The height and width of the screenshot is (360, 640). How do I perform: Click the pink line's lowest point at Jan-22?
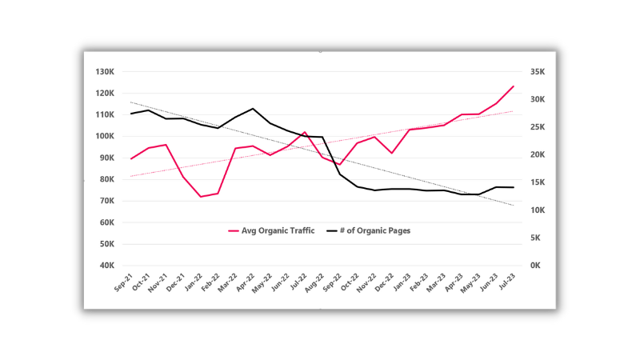pyautogui.click(x=201, y=197)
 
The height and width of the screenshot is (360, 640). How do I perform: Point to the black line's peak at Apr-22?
pyautogui.click(x=253, y=109)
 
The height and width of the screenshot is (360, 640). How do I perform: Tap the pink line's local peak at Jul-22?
pyautogui.click(x=305, y=132)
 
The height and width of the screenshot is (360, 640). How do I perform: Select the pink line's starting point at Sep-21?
pyautogui.click(x=131, y=159)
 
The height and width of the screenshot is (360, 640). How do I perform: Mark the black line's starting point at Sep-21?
pyautogui.click(x=131, y=114)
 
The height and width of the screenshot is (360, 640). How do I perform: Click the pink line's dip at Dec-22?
pyautogui.click(x=392, y=153)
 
